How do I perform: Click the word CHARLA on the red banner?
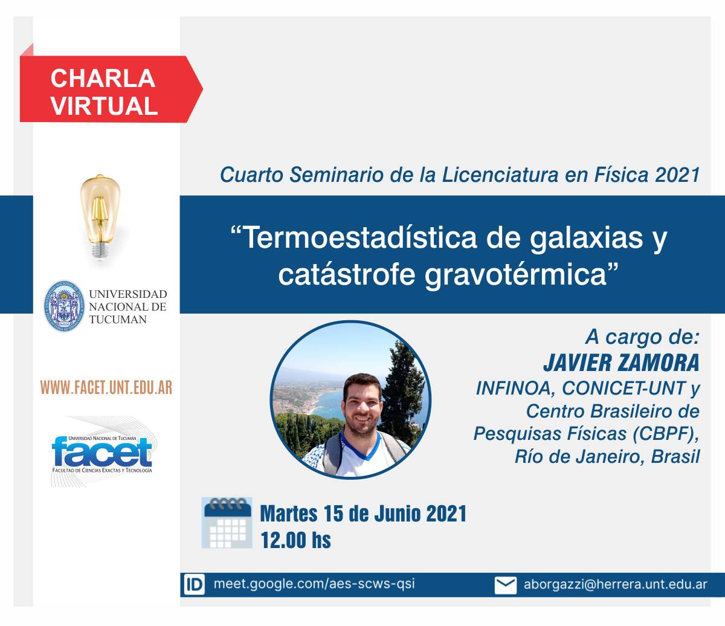(103, 79)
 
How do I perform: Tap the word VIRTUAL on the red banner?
(104, 106)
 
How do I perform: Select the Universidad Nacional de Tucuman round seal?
(64, 306)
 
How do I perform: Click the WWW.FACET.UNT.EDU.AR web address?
(106, 387)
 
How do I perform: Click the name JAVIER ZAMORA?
(621, 363)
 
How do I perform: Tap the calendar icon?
(227, 523)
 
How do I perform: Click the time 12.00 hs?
(295, 540)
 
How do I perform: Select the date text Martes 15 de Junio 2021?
(363, 514)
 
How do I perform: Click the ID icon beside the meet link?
(194, 584)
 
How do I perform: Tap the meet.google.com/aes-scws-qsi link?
(314, 584)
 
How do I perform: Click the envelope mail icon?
(506, 586)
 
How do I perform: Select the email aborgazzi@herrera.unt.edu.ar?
(616, 584)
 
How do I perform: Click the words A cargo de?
(643, 337)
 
